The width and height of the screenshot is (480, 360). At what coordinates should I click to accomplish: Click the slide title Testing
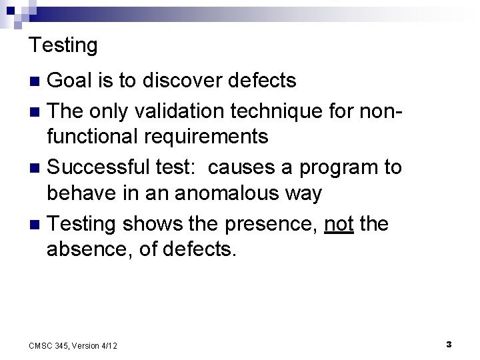coord(63,45)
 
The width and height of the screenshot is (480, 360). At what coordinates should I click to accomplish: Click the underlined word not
coord(339,223)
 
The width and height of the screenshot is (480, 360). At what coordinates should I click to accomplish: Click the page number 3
coord(449,344)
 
